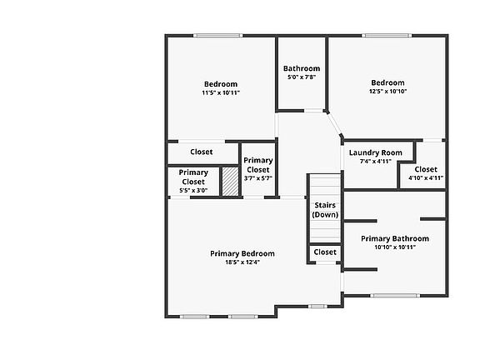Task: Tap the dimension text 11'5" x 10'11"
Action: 221,92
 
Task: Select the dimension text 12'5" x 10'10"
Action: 387,91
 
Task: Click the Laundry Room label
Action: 376,152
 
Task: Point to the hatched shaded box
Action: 230,181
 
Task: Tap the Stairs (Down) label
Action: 325,210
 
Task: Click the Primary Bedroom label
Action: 242,254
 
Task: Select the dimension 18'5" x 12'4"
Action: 242,262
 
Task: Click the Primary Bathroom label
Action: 395,238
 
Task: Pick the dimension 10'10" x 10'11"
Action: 395,247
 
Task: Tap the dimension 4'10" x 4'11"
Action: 426,177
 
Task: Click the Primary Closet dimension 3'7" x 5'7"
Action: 258,178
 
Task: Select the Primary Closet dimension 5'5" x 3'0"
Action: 193,190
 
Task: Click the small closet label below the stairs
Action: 325,252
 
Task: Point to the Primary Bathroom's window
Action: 395,296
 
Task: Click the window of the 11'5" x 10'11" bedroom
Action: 218,36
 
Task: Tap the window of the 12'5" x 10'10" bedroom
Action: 387,36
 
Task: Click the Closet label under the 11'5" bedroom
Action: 202,152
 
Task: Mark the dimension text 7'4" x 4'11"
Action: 376,162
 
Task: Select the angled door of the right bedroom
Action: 333,124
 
